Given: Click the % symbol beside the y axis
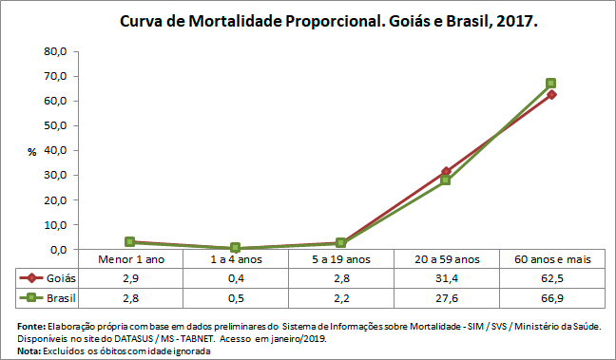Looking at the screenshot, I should (x=31, y=151).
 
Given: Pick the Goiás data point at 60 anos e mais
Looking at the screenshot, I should (x=550, y=94).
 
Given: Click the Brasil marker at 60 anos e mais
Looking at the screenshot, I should (x=550, y=84).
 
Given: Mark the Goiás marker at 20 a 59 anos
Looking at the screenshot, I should (x=445, y=172).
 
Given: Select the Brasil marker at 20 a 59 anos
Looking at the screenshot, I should (x=445, y=180).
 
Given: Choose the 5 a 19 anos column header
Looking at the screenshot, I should (x=340, y=259).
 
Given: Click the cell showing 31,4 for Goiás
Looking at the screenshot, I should (x=445, y=278).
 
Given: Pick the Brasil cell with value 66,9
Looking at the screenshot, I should (x=550, y=297).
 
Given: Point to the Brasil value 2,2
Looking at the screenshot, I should (x=340, y=297).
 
